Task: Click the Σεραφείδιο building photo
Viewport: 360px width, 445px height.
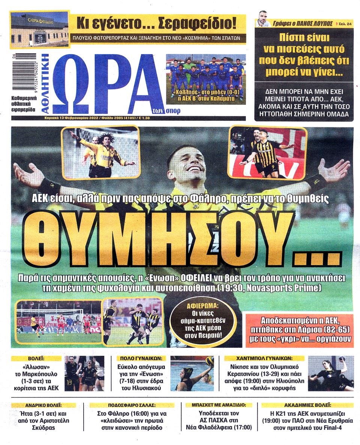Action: click(x=39, y=30)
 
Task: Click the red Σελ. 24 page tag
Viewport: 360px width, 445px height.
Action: click(x=345, y=23)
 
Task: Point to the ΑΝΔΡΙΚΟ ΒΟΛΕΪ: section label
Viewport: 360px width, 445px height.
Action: click(x=47, y=405)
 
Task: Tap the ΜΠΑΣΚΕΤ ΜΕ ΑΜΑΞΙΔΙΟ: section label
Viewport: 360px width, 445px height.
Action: click(x=219, y=405)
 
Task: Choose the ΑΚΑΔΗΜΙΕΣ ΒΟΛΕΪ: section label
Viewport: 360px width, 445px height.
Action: click(x=307, y=405)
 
